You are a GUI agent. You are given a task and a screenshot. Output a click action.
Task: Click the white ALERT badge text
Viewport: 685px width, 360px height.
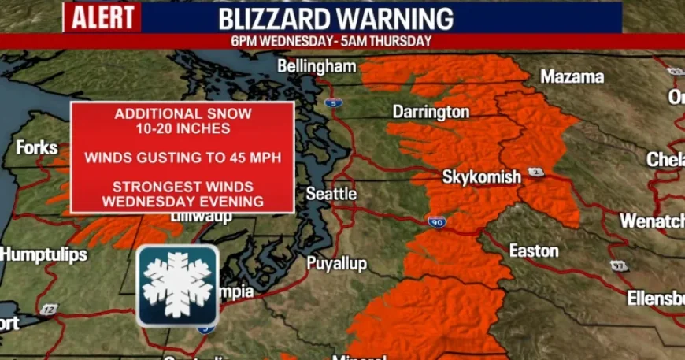pyautogui.click(x=102, y=17)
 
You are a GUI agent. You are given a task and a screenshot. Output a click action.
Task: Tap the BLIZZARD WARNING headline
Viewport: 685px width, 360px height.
pyautogui.click(x=335, y=18)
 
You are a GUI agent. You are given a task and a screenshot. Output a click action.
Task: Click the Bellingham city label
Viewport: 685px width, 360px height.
pyautogui.click(x=317, y=66)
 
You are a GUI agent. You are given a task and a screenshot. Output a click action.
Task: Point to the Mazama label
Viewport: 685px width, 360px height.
pyautogui.click(x=572, y=76)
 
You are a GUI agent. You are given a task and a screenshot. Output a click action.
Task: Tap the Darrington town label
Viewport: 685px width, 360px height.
pyautogui.click(x=431, y=112)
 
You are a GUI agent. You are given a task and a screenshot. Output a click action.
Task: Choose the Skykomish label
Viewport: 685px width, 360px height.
pyautogui.click(x=482, y=177)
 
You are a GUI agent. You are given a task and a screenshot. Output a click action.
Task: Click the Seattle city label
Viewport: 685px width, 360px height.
pyautogui.click(x=331, y=194)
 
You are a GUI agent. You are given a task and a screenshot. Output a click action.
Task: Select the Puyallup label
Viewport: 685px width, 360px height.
pyautogui.click(x=336, y=263)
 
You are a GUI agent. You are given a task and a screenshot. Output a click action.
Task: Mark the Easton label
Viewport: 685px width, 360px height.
pyautogui.click(x=534, y=251)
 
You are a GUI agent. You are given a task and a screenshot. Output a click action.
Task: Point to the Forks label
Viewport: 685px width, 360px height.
pyautogui.click(x=37, y=147)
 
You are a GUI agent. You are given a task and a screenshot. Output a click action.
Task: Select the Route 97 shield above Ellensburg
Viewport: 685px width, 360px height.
pyautogui.click(x=619, y=265)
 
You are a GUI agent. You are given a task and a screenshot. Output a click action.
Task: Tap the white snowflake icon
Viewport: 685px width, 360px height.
pyautogui.click(x=177, y=285)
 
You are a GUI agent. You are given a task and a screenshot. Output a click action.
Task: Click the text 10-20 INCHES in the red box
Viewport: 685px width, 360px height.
pyautogui.click(x=183, y=128)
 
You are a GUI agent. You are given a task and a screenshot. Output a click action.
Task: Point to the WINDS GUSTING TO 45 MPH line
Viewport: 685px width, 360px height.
pyautogui.click(x=183, y=158)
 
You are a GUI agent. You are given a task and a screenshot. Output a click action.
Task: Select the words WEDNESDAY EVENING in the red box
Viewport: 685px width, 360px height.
pyautogui.click(x=183, y=201)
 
